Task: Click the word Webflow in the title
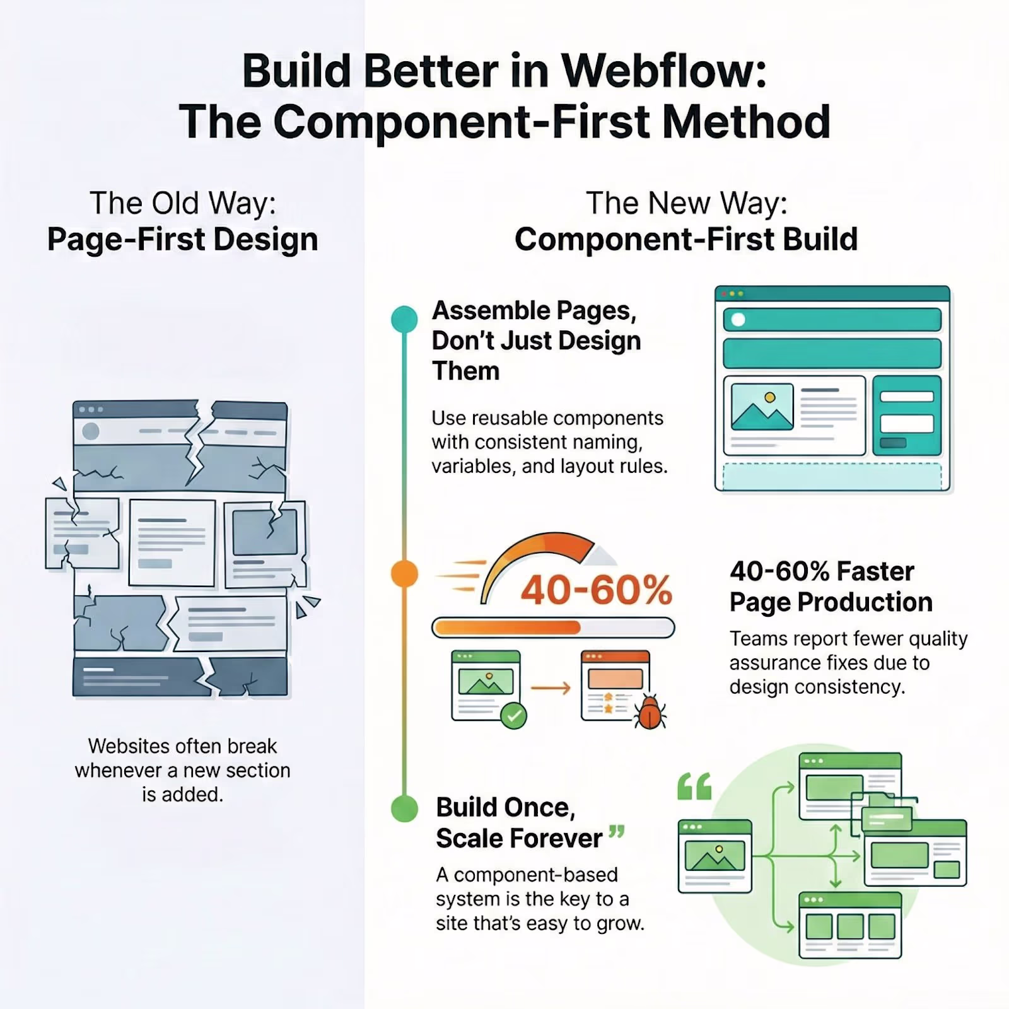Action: (x=664, y=71)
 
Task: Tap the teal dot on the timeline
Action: (x=404, y=319)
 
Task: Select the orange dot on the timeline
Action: (x=404, y=574)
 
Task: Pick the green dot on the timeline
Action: (x=404, y=808)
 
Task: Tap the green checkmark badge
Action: (x=514, y=716)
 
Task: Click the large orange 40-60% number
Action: (x=597, y=590)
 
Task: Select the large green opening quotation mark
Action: (x=694, y=786)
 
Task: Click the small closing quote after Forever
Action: (x=617, y=832)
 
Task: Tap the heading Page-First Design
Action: (x=183, y=240)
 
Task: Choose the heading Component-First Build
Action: (x=686, y=240)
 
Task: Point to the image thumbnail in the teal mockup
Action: (x=762, y=407)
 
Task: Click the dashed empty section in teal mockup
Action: (x=832, y=477)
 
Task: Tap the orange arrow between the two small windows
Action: (x=550, y=688)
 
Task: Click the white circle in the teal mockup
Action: (x=738, y=320)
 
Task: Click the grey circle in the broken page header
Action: (x=91, y=431)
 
